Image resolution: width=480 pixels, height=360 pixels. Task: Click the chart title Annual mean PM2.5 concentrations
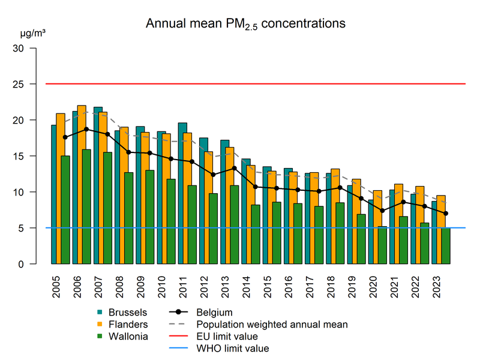246,24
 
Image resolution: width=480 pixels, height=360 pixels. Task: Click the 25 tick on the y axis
25,84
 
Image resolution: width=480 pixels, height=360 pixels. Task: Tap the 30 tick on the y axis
25,48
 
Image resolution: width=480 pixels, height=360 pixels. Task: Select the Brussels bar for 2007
98,186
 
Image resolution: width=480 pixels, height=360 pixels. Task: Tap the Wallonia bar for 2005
65,210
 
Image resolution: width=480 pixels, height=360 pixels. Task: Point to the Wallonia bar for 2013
235,225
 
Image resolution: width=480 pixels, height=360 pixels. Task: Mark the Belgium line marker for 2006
86,129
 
